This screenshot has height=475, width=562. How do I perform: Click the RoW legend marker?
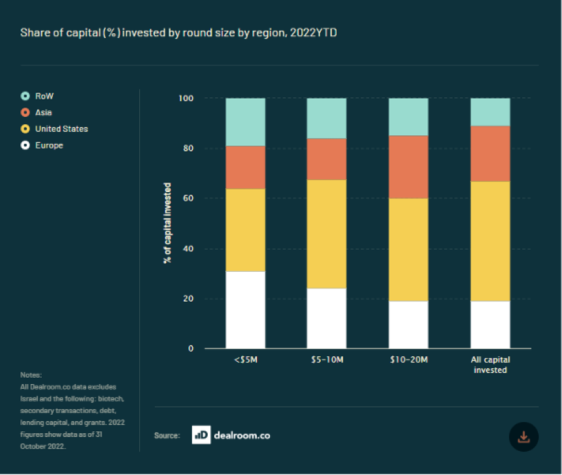[25, 96]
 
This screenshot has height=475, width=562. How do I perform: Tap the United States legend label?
[61, 129]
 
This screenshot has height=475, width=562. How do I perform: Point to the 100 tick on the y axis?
[186, 98]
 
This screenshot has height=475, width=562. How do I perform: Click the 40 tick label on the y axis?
[188, 248]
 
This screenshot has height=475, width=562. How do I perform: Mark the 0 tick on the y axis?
[191, 348]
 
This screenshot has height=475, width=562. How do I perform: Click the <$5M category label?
[246, 359]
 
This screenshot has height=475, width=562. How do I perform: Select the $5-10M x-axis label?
[327, 359]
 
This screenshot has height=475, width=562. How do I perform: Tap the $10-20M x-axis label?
[409, 359]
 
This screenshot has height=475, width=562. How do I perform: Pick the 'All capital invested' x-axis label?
[490, 365]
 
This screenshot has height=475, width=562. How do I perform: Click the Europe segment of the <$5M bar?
[246, 310]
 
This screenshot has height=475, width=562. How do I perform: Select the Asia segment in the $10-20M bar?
[408, 167]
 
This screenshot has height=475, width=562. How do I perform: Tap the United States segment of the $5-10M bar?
[327, 234]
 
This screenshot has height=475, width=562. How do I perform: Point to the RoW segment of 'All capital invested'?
[490, 112]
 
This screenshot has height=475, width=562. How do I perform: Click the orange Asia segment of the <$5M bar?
[246, 167]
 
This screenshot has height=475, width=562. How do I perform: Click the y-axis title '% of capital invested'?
[167, 223]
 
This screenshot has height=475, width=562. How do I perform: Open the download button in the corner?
[523, 436]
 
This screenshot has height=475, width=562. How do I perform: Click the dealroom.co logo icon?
[201, 435]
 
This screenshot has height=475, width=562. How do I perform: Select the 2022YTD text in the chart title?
[314, 33]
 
